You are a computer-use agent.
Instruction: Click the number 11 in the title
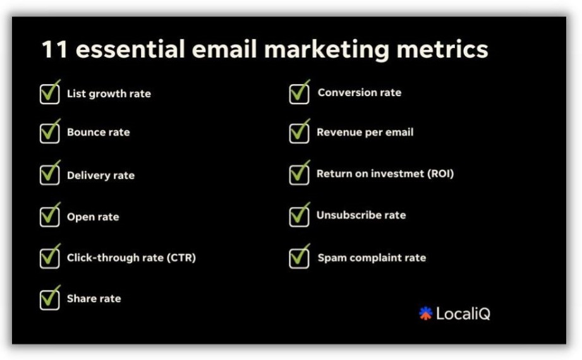pyautogui.click(x=54, y=49)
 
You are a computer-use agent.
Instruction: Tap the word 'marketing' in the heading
pyautogui.click(x=327, y=51)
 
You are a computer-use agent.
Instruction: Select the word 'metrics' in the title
pyautogui.click(x=442, y=49)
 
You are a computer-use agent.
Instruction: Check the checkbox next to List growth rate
pyautogui.click(x=50, y=92)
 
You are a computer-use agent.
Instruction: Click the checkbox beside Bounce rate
pyautogui.click(x=50, y=132)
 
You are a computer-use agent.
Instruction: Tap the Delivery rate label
pyautogui.click(x=100, y=175)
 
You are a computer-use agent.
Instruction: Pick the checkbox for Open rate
pyautogui.click(x=50, y=215)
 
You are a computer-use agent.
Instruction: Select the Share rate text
pyautogui.click(x=94, y=298)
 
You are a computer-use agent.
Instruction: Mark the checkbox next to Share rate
pyautogui.click(x=50, y=298)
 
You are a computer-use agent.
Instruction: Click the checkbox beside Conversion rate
pyautogui.click(x=299, y=92)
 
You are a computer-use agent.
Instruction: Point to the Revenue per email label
pyautogui.click(x=365, y=133)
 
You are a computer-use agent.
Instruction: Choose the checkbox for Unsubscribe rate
pyautogui.click(x=299, y=215)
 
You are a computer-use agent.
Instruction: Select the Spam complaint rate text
pyautogui.click(x=372, y=258)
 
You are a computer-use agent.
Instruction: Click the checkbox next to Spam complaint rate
pyautogui.click(x=299, y=256)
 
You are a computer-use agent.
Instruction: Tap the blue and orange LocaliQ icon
pyautogui.click(x=426, y=313)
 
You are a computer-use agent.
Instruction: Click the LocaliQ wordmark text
pyautogui.click(x=463, y=314)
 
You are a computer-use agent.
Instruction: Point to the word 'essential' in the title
pyautogui.click(x=130, y=49)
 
